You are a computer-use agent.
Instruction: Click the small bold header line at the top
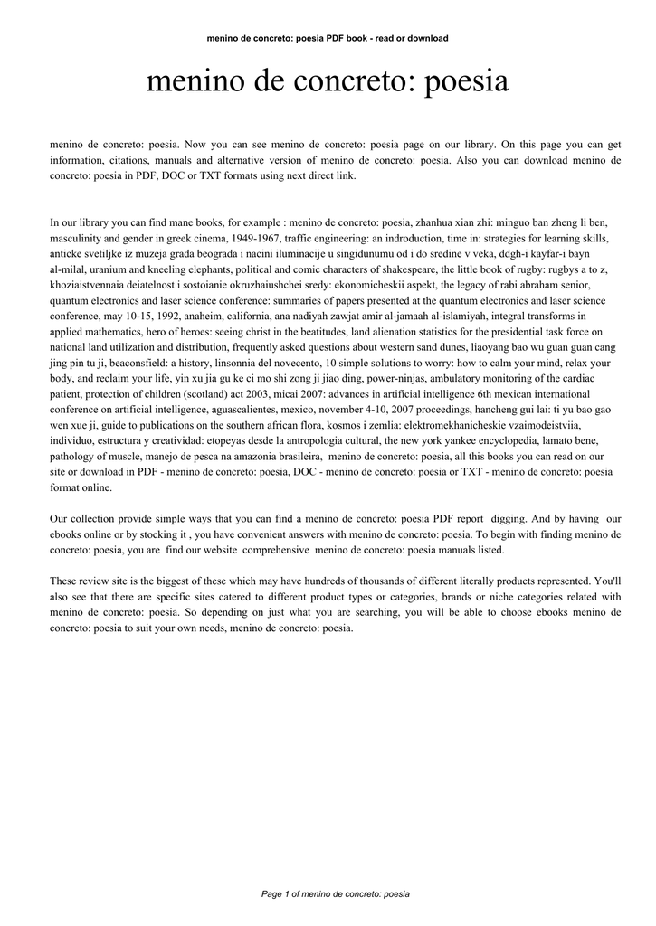pyautogui.click(x=328, y=38)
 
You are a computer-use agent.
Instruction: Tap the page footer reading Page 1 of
pyautogui.click(x=335, y=893)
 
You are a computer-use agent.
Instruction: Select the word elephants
pyautogui.click(x=203, y=269)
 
